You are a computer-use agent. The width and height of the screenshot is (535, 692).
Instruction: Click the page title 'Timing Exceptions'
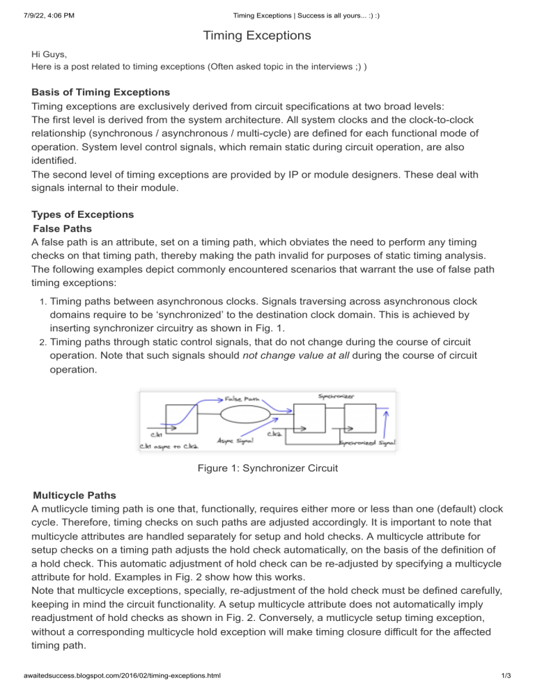[x=267, y=34]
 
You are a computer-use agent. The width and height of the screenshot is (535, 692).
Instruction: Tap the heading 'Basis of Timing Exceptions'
[x=102, y=91]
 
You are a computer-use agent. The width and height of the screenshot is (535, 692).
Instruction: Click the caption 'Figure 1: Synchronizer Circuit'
[x=267, y=469]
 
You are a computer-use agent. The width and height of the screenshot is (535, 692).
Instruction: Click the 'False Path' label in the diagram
[x=242, y=398]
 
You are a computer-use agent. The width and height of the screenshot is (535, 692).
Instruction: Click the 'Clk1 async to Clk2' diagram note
[x=167, y=445]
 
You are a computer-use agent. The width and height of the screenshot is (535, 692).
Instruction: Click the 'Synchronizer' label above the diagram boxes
[x=336, y=396]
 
